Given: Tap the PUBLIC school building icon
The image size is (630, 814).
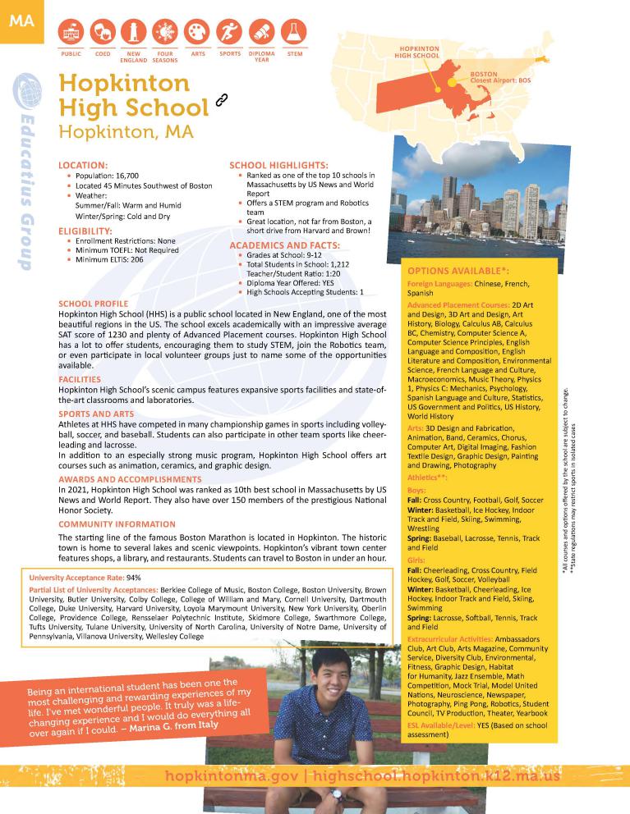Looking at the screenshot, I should [x=71, y=32].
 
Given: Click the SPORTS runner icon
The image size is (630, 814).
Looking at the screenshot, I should [x=229, y=32].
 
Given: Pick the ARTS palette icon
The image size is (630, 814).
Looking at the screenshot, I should [x=197, y=32].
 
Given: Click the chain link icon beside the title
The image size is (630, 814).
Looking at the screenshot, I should [x=220, y=101].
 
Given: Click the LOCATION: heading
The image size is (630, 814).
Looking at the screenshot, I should [x=83, y=165].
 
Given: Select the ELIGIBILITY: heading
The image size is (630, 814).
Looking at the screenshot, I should [x=85, y=231].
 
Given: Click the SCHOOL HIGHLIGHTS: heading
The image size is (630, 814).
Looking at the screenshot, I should [x=278, y=165].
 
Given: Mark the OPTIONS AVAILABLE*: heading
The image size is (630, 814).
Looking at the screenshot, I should [x=458, y=271].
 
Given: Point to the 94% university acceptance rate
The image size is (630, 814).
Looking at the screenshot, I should [x=134, y=578].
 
